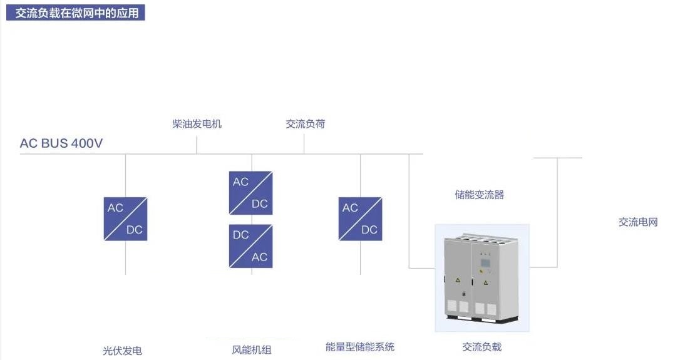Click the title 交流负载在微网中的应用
click(76, 13)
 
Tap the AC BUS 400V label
click(61, 143)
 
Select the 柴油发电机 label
click(197, 124)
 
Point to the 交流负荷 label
click(306, 124)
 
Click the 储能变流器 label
click(479, 195)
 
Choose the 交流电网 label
click(638, 222)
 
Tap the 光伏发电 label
click(122, 351)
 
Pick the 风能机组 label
click(252, 350)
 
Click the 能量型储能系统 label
click(360, 347)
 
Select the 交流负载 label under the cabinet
click(482, 347)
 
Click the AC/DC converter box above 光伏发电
click(125, 219)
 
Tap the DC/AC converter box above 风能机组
click(251, 246)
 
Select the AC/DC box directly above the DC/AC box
click(251, 193)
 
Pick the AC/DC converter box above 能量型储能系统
click(361, 219)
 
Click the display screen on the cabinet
click(485, 263)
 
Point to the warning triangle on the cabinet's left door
click(458, 280)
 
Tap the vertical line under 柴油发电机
click(196, 145)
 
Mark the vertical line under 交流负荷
click(304, 144)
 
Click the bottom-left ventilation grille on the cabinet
click(451, 306)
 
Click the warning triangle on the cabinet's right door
click(485, 282)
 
